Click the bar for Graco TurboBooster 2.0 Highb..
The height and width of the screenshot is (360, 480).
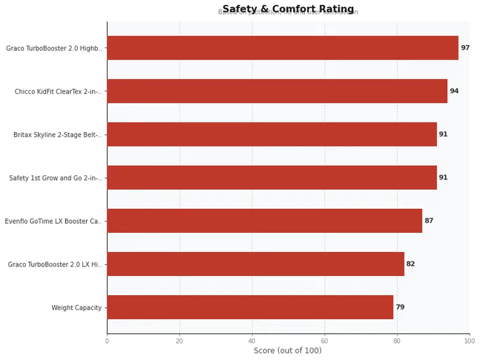283,48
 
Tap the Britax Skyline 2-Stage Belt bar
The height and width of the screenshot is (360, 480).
272,134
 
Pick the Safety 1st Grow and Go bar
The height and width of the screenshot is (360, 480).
272,178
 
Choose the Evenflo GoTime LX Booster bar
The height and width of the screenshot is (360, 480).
265,221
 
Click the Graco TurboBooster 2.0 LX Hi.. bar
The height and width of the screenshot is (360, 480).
256,264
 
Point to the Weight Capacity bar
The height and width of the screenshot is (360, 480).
250,307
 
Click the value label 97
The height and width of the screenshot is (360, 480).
465,48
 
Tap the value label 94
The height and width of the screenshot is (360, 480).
454,91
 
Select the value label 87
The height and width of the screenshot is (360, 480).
429,221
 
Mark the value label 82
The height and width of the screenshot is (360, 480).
410,264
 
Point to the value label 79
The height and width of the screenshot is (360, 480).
400,307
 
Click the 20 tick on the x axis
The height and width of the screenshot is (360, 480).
179,341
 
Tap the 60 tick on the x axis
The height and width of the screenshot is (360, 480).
325,341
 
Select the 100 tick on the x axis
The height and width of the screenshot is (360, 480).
469,341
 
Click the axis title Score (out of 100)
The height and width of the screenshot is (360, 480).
287,351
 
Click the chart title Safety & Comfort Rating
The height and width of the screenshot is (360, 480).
288,9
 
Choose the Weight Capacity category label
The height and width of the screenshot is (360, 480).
77,308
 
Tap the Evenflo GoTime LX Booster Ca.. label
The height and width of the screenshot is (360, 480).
53,221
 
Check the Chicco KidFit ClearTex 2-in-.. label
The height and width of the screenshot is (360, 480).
58,92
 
